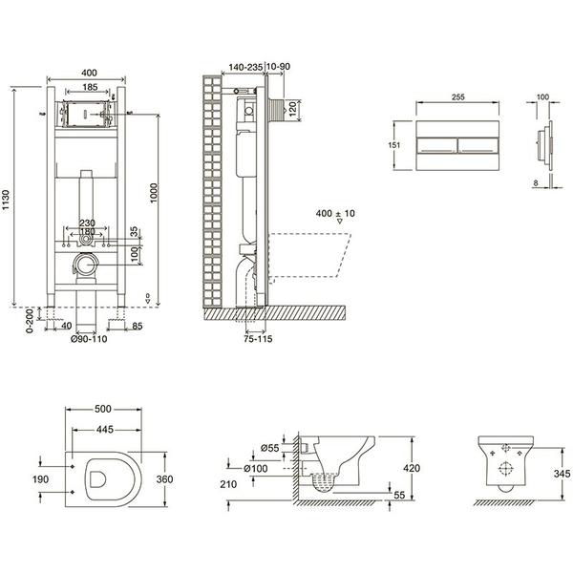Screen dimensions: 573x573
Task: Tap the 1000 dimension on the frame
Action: point(154,193)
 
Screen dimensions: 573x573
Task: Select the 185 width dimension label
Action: point(90,87)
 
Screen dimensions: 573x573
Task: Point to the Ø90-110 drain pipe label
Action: point(89,339)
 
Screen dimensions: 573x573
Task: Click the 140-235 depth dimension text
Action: point(245,67)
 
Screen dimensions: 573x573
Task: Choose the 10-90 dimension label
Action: point(279,67)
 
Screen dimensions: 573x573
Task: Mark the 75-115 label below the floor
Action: point(258,339)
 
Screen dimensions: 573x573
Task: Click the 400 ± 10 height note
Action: point(335,213)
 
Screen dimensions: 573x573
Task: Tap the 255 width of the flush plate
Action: point(457,96)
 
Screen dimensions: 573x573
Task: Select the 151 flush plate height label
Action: point(393,145)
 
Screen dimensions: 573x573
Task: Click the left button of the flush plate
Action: point(437,145)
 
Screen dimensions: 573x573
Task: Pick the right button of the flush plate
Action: point(478,145)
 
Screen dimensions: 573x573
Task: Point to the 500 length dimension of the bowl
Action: point(103,409)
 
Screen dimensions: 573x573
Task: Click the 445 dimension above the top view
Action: point(105,430)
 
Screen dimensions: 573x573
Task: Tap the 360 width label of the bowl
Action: point(164,479)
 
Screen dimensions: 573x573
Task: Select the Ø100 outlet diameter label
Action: point(256,468)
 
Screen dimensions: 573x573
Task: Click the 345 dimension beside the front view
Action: point(562,474)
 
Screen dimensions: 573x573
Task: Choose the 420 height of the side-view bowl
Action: point(412,468)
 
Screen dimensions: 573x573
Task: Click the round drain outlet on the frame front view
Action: point(86,265)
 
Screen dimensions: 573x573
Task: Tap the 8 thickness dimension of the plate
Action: point(536,183)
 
